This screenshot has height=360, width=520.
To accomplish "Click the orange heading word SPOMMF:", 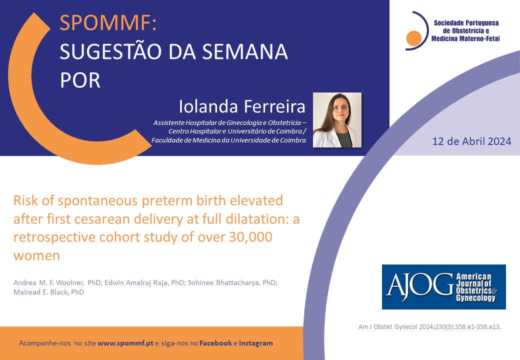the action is (x=108, y=23).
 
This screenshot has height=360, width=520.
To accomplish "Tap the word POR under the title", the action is (x=80, y=80).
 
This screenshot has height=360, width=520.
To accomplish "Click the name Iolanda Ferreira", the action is (x=242, y=106).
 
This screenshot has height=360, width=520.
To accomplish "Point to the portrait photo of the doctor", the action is (x=337, y=120).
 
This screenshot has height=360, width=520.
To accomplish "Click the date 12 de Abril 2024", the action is (x=471, y=141).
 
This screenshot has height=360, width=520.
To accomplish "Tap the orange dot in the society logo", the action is (x=414, y=38).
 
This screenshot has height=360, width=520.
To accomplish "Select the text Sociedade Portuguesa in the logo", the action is (x=466, y=23).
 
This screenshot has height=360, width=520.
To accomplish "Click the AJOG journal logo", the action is (x=444, y=287).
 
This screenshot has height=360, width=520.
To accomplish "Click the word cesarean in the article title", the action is (x=102, y=219).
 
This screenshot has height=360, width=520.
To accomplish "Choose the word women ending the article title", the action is (x=37, y=256).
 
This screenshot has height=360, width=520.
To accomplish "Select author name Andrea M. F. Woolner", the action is (x=48, y=282).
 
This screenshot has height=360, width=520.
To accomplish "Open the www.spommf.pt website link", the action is (x=125, y=343).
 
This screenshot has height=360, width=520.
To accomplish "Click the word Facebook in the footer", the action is (x=215, y=343).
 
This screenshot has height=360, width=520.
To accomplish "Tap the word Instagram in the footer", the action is (x=256, y=343).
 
